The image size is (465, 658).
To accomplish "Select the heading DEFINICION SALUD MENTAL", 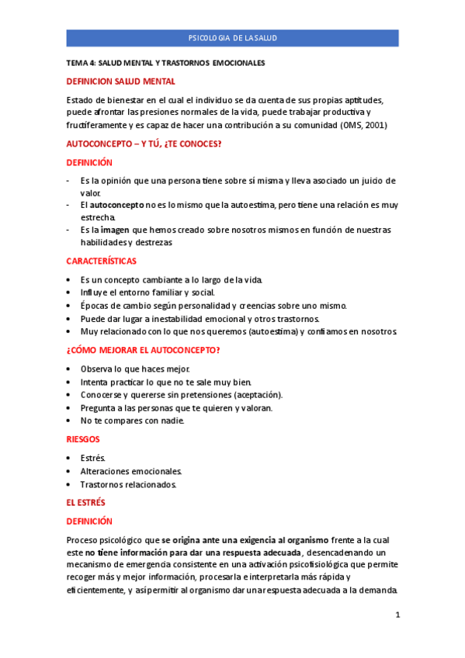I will point(120,81).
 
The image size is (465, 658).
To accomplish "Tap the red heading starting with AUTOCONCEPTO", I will point(155,144).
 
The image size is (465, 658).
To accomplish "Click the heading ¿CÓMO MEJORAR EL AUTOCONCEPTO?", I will point(143,350).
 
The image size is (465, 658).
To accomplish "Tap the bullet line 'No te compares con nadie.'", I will point(132,421).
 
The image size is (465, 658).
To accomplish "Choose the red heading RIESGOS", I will point(83,439).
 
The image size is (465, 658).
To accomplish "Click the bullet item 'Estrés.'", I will point(92,458).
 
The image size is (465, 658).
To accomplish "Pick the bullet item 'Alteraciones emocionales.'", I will point(130,471).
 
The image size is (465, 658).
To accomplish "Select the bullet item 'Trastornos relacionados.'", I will point(128,485).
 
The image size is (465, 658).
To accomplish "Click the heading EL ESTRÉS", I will point(85,503).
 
